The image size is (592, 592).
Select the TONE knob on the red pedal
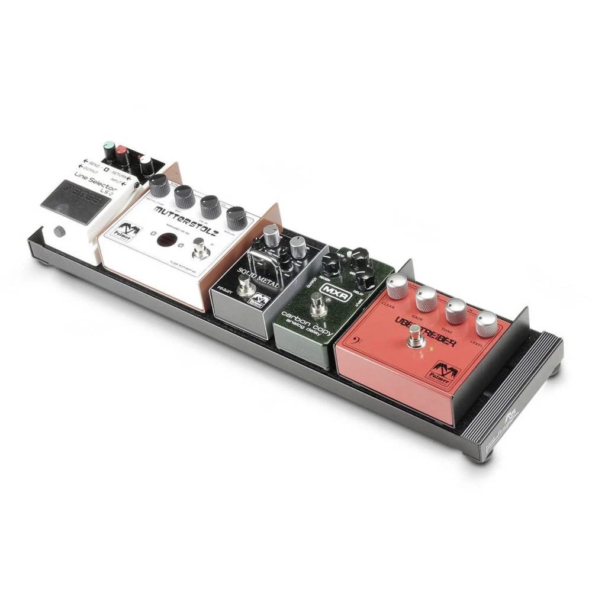456,310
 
